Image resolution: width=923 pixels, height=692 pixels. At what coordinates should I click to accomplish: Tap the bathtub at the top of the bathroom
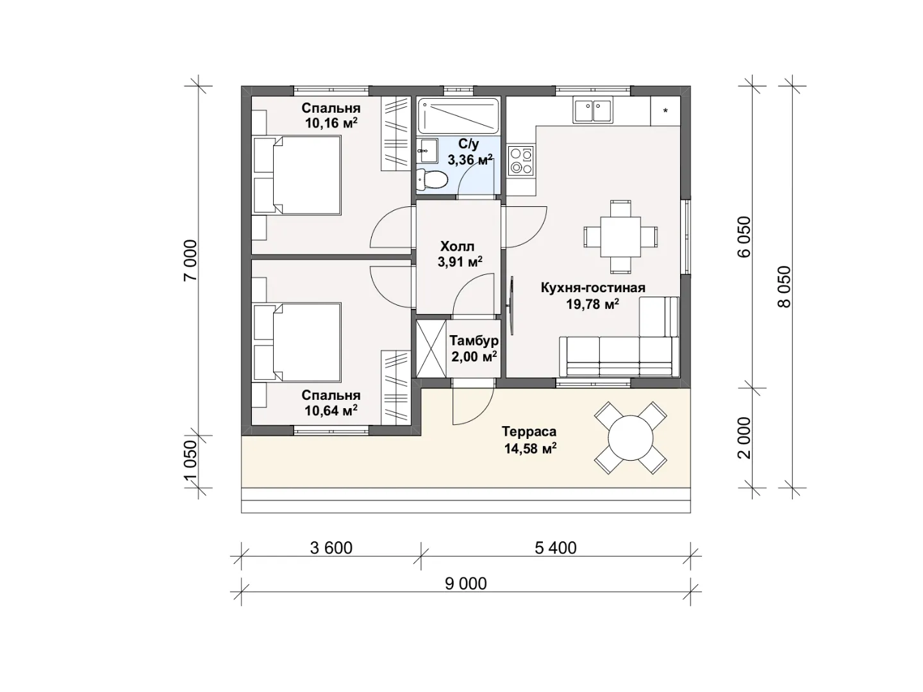point(458,115)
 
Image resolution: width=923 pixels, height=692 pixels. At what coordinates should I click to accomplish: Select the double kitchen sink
point(592,110)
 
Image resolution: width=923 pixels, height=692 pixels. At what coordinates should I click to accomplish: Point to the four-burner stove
point(520,160)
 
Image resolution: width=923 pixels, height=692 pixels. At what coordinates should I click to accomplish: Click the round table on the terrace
point(630,438)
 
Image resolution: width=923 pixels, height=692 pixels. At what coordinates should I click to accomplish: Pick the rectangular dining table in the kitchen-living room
point(620,237)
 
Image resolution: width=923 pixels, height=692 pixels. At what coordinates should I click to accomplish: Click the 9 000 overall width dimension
point(466,583)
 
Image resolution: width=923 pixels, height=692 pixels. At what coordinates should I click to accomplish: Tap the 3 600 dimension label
point(331,548)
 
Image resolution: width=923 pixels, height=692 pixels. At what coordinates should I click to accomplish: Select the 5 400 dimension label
point(556,548)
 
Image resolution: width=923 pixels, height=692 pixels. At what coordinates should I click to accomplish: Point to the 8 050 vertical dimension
point(785,287)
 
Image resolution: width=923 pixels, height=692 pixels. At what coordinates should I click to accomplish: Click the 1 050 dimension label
point(190,461)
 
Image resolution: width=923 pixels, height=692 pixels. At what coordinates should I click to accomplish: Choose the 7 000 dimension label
point(190,261)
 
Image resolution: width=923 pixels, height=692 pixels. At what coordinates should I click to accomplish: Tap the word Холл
point(457,246)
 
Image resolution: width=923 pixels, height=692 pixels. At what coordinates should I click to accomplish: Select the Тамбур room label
point(474,340)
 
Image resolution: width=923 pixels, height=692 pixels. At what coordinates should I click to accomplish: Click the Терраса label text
point(529,431)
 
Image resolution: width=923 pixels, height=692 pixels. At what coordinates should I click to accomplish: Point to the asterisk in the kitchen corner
point(665,111)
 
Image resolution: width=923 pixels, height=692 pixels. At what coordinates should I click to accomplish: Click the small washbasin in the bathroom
point(428,151)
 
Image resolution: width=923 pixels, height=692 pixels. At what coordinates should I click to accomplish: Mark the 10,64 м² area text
point(331,410)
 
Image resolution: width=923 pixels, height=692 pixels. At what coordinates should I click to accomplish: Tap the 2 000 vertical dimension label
point(744,438)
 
